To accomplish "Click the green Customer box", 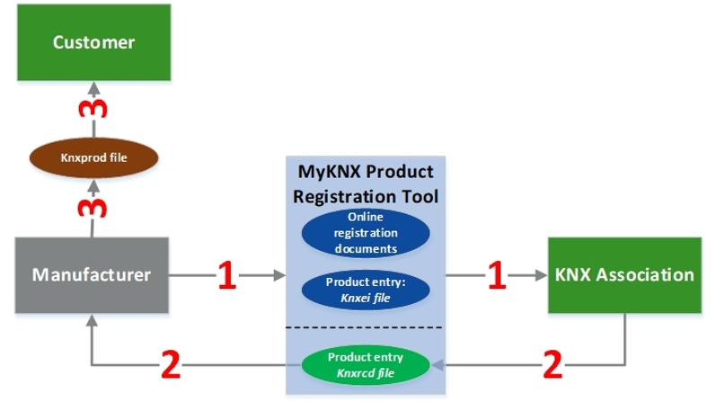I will (x=93, y=41).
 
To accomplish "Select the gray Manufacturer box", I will (x=92, y=275).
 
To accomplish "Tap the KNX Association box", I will (x=623, y=275).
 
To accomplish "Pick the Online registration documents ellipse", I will (x=364, y=231).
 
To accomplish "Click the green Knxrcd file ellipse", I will (x=364, y=363).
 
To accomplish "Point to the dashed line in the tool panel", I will (x=364, y=326).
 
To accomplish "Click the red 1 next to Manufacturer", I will (x=226, y=276).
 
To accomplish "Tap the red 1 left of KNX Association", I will (x=496, y=276).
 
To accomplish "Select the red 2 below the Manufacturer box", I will (x=172, y=364).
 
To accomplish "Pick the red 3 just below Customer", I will (x=93, y=111).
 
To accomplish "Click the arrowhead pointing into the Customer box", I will (x=93, y=86).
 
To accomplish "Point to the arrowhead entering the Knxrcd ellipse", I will (x=437, y=364).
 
